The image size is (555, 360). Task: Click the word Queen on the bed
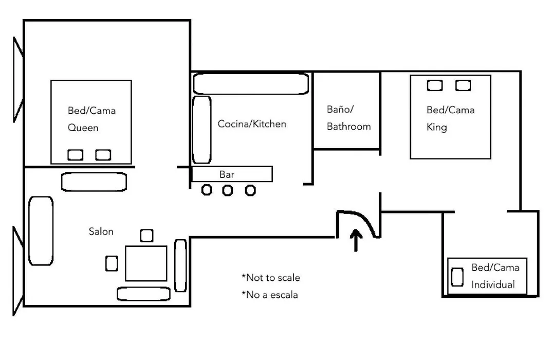83,128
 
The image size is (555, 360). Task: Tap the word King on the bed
437,127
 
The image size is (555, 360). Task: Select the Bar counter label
227,174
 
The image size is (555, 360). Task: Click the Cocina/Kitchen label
252,124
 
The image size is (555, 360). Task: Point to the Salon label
101,231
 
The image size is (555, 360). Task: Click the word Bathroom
348,127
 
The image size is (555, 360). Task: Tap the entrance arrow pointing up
356,240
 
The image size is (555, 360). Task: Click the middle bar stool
228,190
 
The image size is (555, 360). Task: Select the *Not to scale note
271,277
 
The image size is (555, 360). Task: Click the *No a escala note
270,295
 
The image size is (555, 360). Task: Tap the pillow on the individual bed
457,277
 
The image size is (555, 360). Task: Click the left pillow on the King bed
435,85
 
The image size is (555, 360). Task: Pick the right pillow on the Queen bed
103,155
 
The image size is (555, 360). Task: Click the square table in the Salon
146,263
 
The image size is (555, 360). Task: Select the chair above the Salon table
146,236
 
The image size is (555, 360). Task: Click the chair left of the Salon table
112,264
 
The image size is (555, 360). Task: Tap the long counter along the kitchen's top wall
251,84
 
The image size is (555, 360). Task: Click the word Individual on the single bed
493,284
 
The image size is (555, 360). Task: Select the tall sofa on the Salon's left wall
41,231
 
